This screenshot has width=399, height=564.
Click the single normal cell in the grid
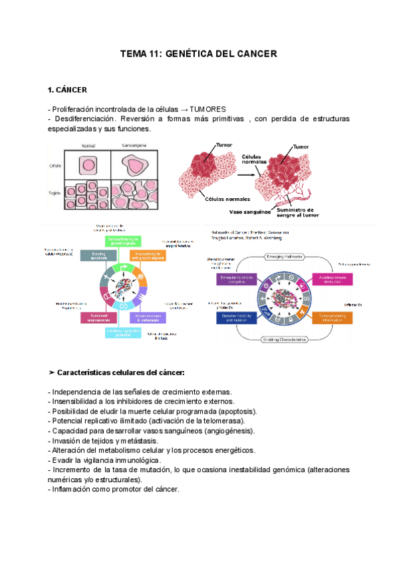click(x=87, y=165)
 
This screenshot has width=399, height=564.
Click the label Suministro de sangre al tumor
click(x=297, y=212)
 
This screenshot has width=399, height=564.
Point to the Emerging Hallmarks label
click(x=286, y=256)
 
